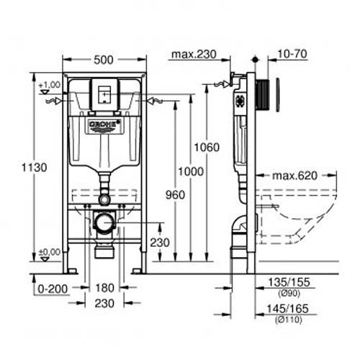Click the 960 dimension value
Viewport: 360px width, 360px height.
174,194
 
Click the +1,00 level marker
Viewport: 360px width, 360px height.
48,84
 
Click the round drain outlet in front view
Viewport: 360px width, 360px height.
104,223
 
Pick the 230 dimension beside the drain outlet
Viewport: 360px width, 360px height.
159,243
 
